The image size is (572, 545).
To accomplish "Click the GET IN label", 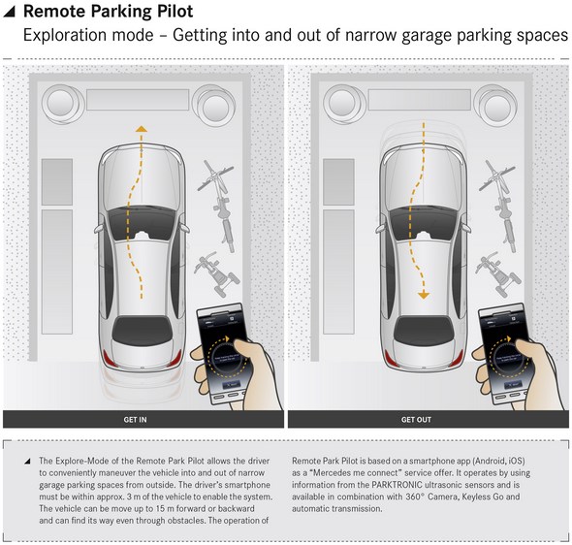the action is pyautogui.click(x=135, y=420).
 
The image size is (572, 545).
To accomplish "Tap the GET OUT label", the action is pyautogui.click(x=416, y=420).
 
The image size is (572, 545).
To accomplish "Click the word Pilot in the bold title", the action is pyautogui.click(x=175, y=12).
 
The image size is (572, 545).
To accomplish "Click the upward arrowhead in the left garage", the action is pyautogui.click(x=142, y=129).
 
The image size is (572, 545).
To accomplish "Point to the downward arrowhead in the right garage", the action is pyautogui.click(x=423, y=295).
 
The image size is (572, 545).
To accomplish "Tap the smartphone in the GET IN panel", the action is pyautogui.click(x=223, y=353).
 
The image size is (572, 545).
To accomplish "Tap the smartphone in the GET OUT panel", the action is pyautogui.click(x=505, y=353).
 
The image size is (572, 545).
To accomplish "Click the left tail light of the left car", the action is pyautogui.click(x=108, y=358).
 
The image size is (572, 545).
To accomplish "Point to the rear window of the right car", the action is pyautogui.click(x=424, y=331).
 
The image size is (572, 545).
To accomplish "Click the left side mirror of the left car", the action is pyautogui.click(x=99, y=228).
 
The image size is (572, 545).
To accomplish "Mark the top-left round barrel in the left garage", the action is pyautogui.click(x=60, y=102).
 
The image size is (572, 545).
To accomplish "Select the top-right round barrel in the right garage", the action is pyautogui.click(x=495, y=105).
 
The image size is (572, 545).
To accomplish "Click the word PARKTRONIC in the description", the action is pyautogui.click(x=397, y=485).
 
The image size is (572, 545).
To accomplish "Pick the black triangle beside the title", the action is pyautogui.click(x=9, y=12).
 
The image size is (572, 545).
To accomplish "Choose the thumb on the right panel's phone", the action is pyautogui.click(x=525, y=350).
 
